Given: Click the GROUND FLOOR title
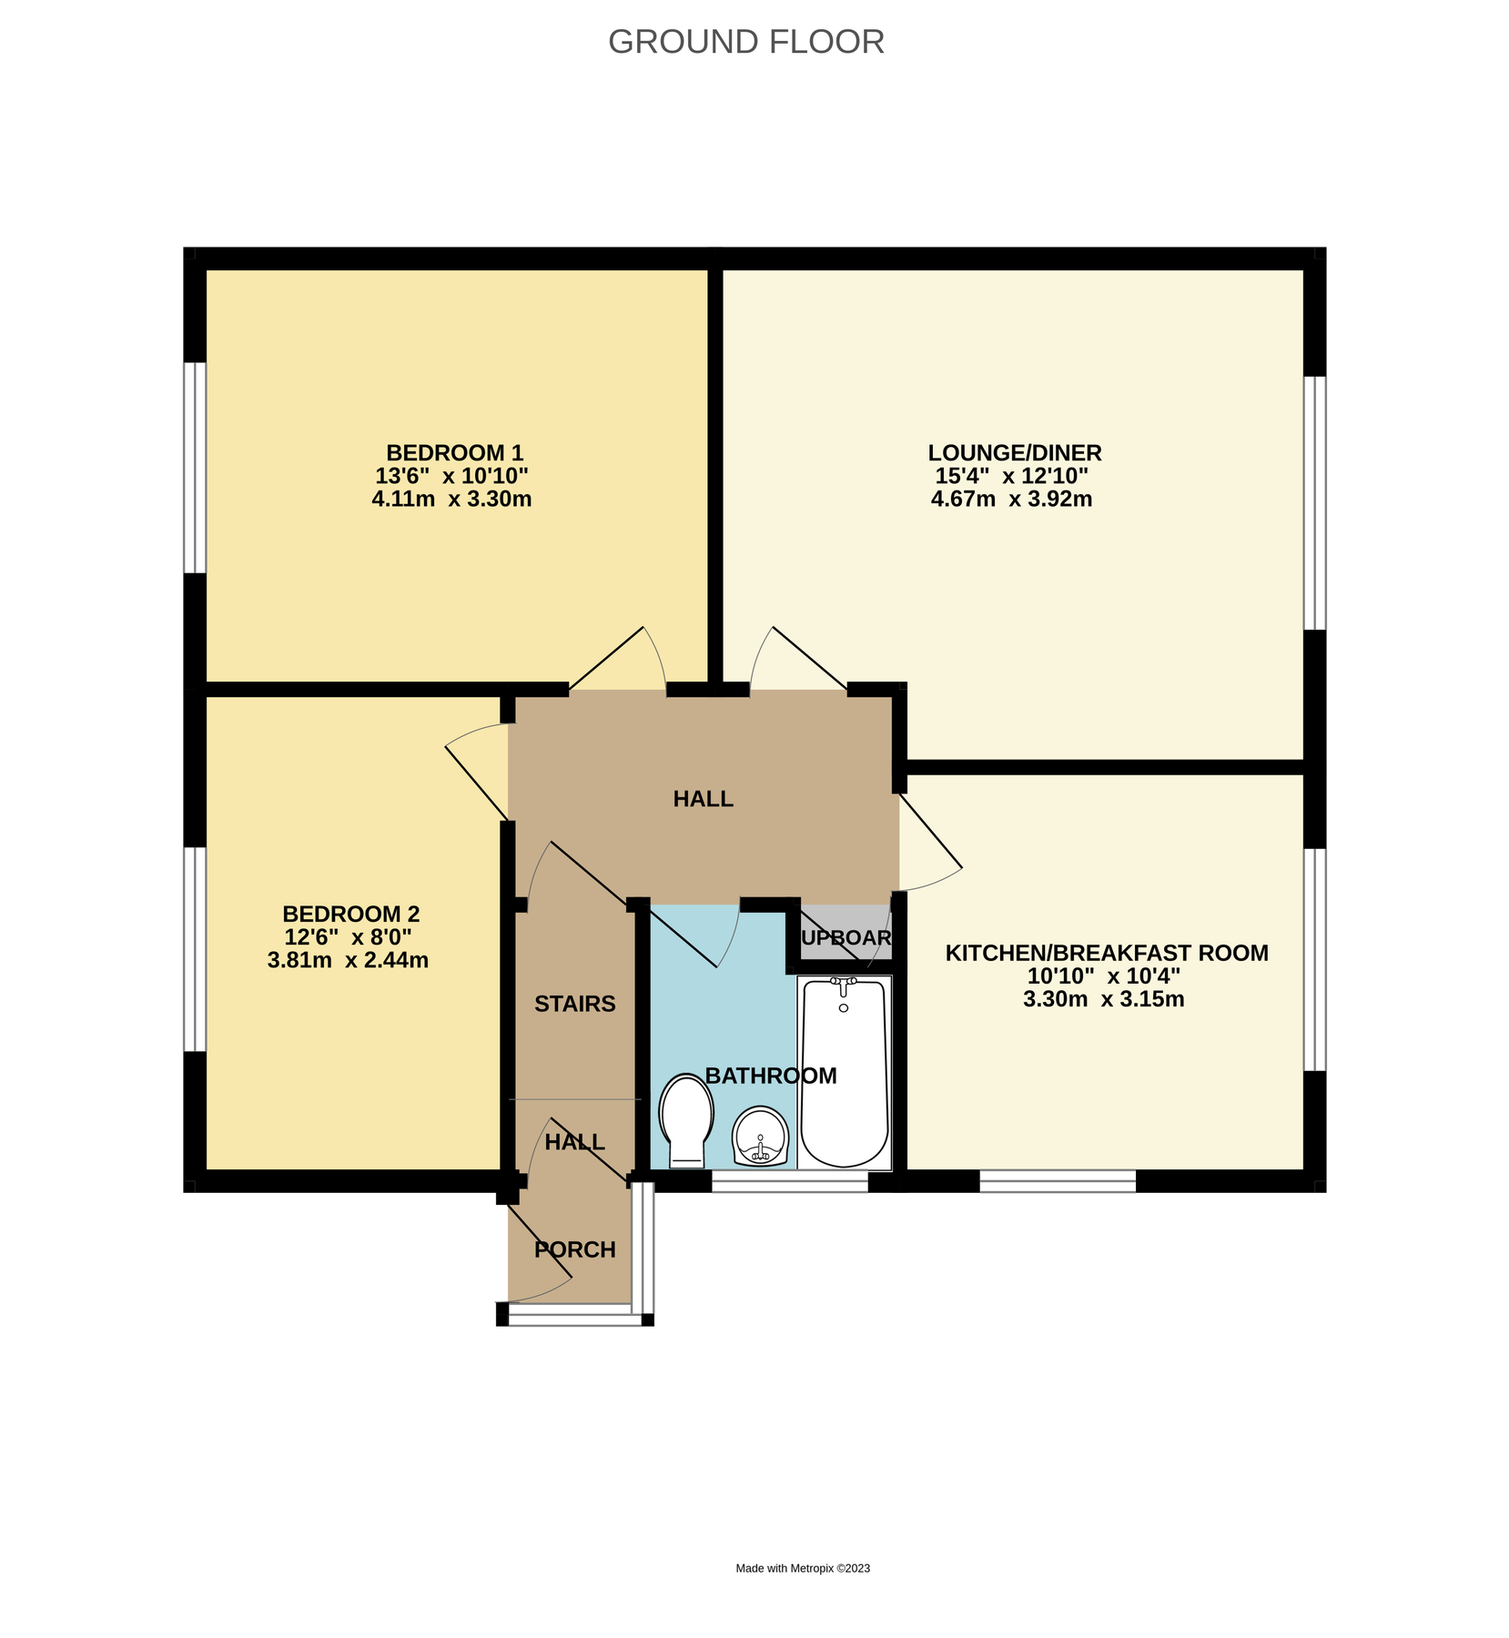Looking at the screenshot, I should click(x=745, y=42).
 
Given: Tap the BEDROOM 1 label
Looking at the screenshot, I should click(x=454, y=452).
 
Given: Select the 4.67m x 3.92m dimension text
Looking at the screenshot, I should click(x=1011, y=499).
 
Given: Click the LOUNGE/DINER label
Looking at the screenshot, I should click(x=1014, y=452).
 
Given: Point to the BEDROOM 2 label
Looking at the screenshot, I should click(x=350, y=914).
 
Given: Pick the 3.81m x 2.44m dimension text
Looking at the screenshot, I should click(x=348, y=960).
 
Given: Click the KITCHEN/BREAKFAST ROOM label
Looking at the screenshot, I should click(x=1106, y=953).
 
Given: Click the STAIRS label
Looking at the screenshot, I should click(x=574, y=1004).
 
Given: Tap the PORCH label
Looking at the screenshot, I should click(x=574, y=1249).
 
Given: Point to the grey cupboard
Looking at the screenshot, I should click(x=845, y=935).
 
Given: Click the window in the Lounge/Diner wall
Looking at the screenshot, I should click(x=1314, y=503).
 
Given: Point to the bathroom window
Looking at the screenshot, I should click(x=789, y=1181).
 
